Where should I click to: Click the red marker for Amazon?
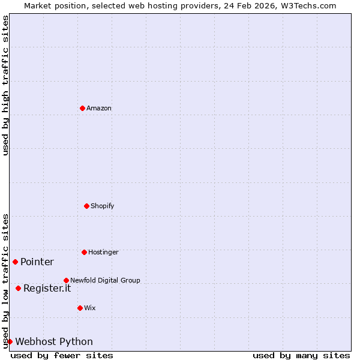pos(82,108)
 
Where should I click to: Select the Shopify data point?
pos(86,206)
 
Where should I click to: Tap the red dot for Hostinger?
pos(84,252)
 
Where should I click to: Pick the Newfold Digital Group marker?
pos(66,280)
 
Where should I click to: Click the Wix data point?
pos(80,308)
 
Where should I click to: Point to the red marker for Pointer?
pos(15,262)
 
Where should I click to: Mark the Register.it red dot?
pos(18,288)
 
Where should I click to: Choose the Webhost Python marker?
pos(10,341)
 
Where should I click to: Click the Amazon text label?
pos(99,108)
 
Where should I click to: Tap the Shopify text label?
pos(103,206)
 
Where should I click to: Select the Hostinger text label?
pos(103,252)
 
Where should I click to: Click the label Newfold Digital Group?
pos(105,280)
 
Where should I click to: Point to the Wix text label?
pos(90,308)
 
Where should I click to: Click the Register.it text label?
pos(47,288)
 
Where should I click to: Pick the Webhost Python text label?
pos(54,341)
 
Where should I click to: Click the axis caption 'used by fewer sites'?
pos(62,355)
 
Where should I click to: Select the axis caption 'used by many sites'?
pos(301,355)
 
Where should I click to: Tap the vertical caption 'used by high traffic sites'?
pos(5,85)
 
